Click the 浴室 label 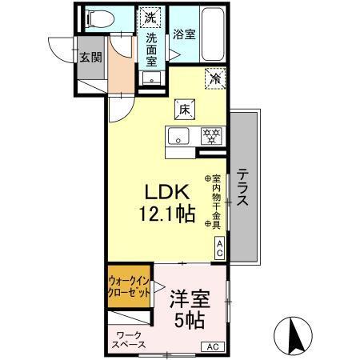point(183,34)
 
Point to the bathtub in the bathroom point(212,35)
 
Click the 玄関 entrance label point(90,57)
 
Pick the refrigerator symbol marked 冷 point(214,78)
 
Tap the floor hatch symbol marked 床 point(183,108)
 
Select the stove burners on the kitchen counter point(210,135)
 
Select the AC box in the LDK point(219,248)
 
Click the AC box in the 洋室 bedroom point(213,346)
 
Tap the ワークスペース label point(128,340)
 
